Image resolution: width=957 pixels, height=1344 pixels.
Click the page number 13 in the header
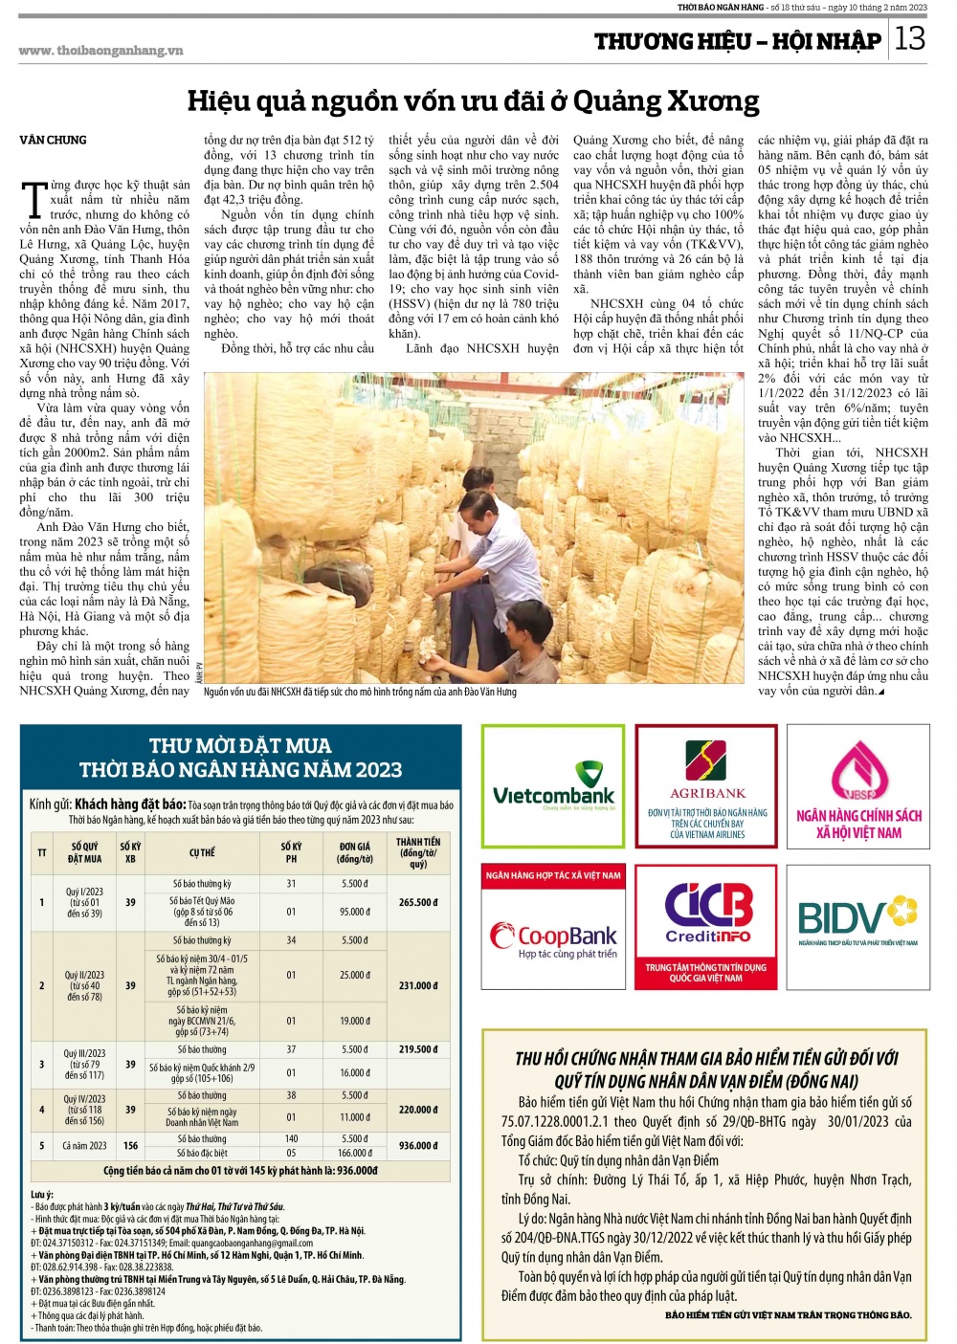[x=910, y=38]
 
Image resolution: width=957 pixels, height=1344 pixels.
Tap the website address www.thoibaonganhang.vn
[x=100, y=51]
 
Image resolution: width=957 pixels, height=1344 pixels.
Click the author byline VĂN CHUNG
[x=53, y=140]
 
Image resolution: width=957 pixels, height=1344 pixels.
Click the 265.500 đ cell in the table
[x=418, y=902]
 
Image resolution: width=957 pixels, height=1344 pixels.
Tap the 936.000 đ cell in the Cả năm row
[x=418, y=1145]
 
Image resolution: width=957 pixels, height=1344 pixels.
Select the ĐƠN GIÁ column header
[x=354, y=852]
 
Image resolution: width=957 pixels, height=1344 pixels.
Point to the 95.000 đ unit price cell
[x=354, y=912]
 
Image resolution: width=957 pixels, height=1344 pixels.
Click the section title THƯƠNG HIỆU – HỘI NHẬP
[x=737, y=41]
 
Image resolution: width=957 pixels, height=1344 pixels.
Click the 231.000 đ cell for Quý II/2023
[x=418, y=985]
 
